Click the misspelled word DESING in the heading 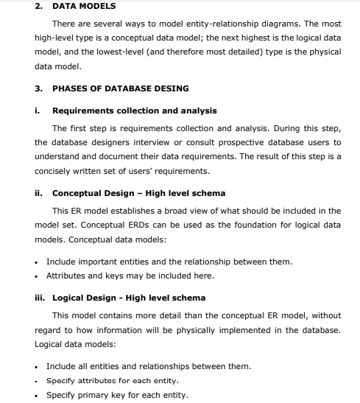tap(172, 88)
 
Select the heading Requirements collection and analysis tap(135, 111)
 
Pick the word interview tap(161, 142)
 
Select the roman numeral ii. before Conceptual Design tap(40, 193)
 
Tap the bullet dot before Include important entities tap(37, 262)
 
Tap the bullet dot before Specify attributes tap(37, 381)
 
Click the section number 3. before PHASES tap(39, 88)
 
